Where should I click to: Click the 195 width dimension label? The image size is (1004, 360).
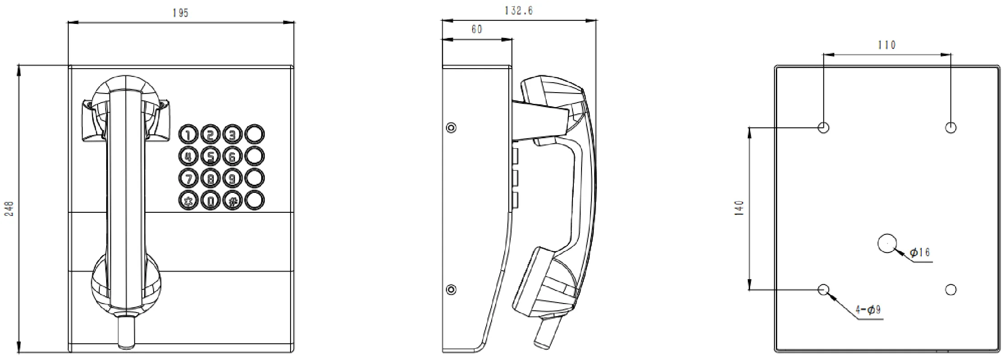180,13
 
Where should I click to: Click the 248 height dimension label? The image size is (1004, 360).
9,208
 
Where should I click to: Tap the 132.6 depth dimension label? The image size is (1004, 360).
519,10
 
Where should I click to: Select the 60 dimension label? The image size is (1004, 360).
477,29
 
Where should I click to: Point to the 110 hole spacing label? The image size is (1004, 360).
887,45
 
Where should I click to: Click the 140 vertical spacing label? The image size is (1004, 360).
739,208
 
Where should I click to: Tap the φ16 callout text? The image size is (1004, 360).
920,252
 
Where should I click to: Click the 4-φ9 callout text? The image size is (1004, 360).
868,309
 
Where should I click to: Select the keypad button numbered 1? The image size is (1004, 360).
188,134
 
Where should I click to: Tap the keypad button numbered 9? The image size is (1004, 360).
232,178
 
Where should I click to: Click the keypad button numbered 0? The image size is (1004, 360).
210,200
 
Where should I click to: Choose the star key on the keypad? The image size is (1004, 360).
188,200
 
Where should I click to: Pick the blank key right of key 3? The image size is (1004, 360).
254,134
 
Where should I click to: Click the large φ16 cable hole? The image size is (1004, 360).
887,243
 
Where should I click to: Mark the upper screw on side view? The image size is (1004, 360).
451,127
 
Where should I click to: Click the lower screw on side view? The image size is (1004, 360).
451,289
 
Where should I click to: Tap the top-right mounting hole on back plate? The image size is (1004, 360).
951,127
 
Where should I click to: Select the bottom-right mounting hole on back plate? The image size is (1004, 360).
951,289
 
